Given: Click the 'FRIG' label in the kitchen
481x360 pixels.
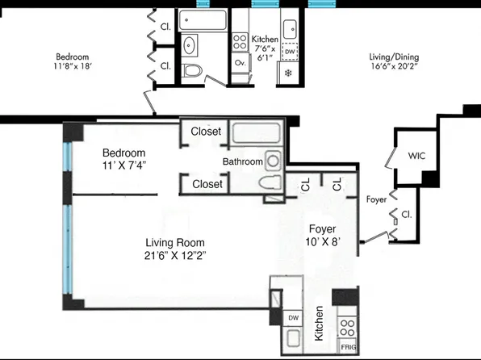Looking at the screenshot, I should click(348, 347).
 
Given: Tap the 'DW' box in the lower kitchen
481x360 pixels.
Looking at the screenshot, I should click(293, 318).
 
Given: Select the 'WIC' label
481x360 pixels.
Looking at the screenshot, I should click(416, 155).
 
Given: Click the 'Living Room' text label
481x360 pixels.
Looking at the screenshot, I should click(175, 242).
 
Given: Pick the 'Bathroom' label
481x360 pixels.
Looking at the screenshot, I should click(243, 161).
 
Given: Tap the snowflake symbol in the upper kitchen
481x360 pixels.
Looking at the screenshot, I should click(289, 73).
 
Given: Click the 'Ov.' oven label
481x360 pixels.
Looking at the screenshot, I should click(240, 63).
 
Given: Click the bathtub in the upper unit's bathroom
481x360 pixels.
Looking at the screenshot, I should click(199, 18).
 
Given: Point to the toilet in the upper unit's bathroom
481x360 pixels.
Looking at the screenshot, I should click(191, 71).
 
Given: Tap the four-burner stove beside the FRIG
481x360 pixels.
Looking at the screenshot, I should click(347, 327).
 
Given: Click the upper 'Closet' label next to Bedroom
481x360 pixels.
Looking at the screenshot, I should click(207, 132).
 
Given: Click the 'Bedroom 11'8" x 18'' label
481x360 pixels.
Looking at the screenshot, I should click(72, 62).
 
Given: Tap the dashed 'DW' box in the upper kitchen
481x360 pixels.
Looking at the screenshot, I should click(291, 52).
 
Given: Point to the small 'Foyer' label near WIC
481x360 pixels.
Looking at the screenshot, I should click(376, 197).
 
